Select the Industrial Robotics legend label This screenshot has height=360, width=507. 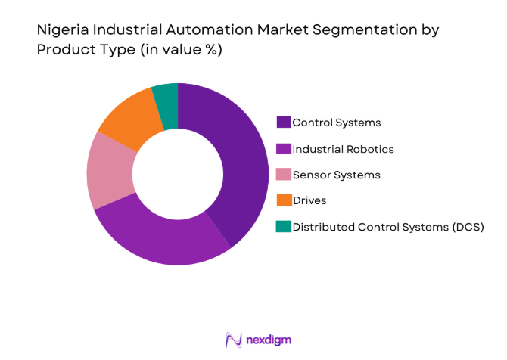click(x=343, y=148)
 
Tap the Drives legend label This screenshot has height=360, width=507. click(x=309, y=200)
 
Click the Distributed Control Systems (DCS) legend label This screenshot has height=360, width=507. click(x=387, y=227)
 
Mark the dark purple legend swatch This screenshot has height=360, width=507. click(x=284, y=122)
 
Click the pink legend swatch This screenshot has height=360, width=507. click(x=284, y=175)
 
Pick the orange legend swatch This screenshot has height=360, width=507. click(x=284, y=200)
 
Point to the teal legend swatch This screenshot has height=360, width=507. click(x=284, y=227)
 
